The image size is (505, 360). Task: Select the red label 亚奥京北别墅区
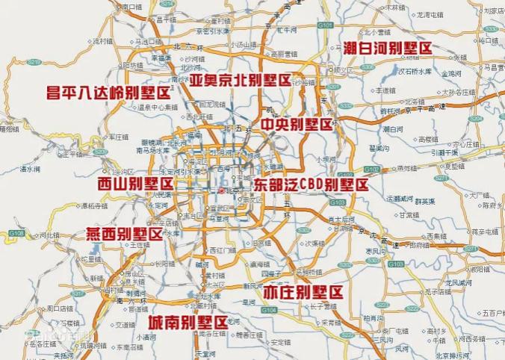point(238,79)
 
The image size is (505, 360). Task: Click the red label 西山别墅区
point(135,183)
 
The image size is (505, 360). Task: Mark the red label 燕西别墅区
point(124,233)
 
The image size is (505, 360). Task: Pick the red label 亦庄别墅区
point(303,291)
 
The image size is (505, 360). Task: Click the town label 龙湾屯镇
point(431,14)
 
